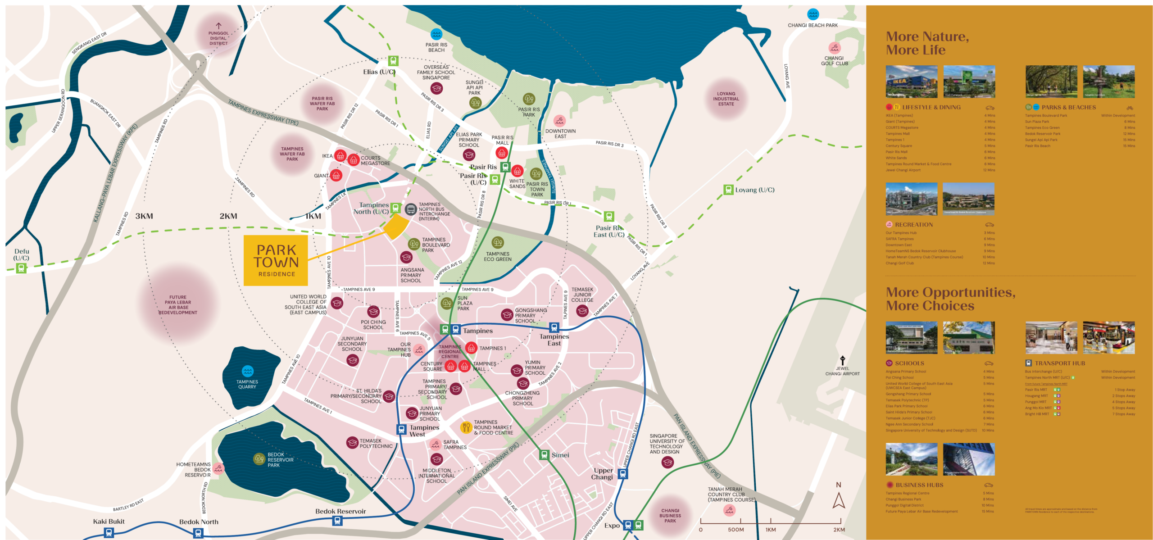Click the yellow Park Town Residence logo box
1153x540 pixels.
[276, 260]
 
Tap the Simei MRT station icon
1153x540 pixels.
[544, 455]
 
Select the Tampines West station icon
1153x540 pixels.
[401, 429]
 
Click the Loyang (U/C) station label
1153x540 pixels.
[754, 190]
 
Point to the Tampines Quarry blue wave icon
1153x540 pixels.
[247, 371]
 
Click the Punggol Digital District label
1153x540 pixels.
[218, 38]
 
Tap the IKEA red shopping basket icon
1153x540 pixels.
[340, 156]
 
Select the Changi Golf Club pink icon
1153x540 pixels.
[834, 48]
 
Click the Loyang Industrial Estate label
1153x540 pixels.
[726, 99]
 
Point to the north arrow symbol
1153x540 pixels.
[839, 500]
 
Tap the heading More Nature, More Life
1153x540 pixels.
[927, 43]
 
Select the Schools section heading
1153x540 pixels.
[909, 363]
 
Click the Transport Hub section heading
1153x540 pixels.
[1059, 363]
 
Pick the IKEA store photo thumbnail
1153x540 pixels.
[911, 82]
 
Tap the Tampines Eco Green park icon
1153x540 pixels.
[497, 242]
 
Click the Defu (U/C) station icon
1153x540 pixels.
[21, 268]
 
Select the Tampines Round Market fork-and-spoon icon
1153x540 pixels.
[466, 427]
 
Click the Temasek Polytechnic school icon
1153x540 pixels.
[352, 443]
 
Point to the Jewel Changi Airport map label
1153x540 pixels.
[842, 371]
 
